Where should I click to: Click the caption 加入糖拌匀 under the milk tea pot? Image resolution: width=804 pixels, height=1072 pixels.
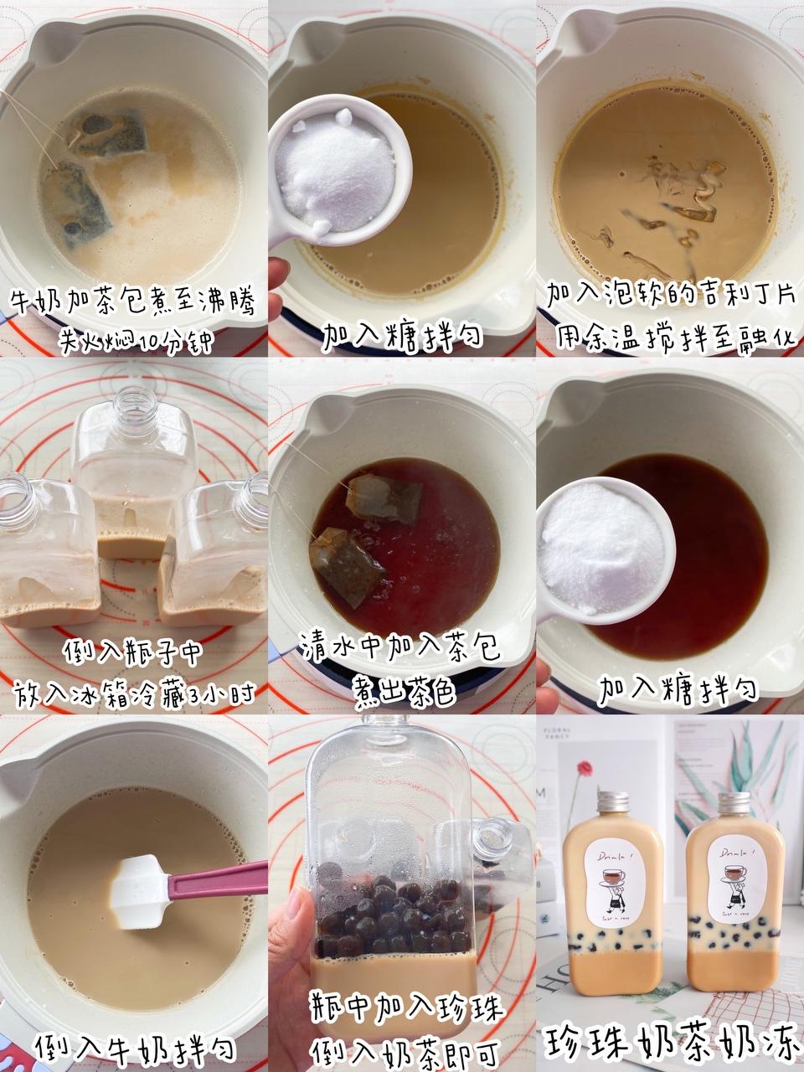tap(403, 336)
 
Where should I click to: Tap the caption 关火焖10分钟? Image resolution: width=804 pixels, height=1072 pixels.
tap(134, 340)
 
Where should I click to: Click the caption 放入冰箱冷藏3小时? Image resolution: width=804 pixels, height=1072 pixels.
tap(134, 694)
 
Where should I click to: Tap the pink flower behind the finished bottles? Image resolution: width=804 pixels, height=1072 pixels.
tap(580, 767)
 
